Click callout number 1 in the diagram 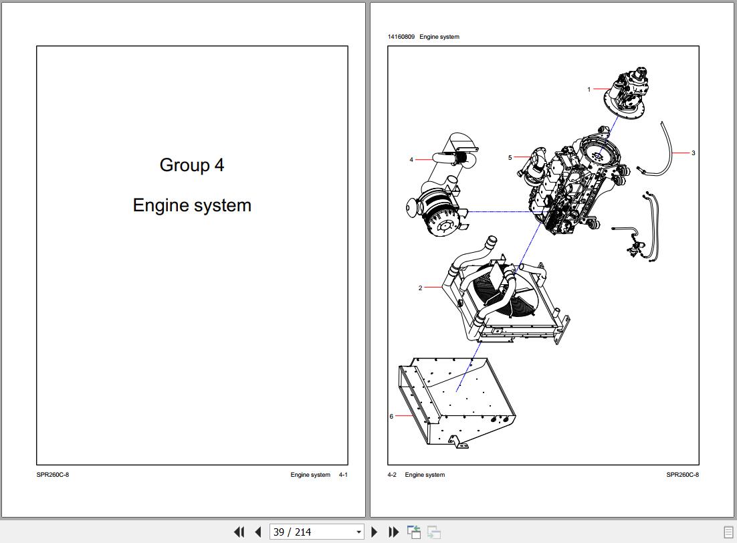[x=589, y=90]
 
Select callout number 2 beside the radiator [x=420, y=288]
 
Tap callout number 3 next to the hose [x=694, y=152]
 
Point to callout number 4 [x=411, y=160]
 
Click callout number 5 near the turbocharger [x=510, y=158]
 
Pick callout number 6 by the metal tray [x=391, y=416]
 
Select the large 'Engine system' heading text [x=192, y=205]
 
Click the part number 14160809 [x=401, y=37]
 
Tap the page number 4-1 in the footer [x=343, y=475]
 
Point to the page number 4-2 [x=392, y=475]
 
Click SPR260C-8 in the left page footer [x=53, y=475]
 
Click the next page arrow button [x=374, y=532]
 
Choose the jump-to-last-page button [x=393, y=532]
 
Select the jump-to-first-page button [x=239, y=532]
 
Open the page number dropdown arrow [x=358, y=532]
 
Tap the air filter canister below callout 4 [x=437, y=213]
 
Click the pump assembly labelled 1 [x=625, y=92]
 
